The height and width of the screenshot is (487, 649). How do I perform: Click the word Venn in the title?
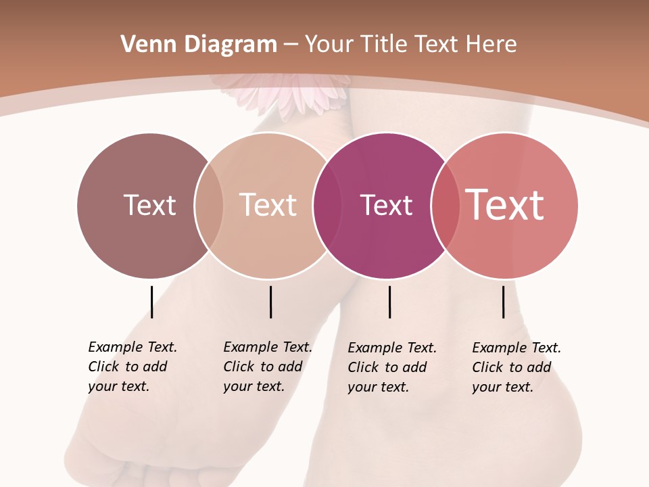pos(144,45)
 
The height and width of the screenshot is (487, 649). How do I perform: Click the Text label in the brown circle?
pos(149,205)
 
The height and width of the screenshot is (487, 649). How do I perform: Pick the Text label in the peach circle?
pos(268,205)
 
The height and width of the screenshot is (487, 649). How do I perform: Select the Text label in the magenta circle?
pos(386,205)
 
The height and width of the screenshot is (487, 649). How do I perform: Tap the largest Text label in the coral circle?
pos(505,205)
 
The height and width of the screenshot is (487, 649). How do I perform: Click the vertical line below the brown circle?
pos(151,302)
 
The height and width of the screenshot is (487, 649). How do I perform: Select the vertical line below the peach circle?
pos(270,302)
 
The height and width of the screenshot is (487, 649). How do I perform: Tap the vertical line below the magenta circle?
pos(389,302)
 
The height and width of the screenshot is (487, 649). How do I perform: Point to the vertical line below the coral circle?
pos(503,302)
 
